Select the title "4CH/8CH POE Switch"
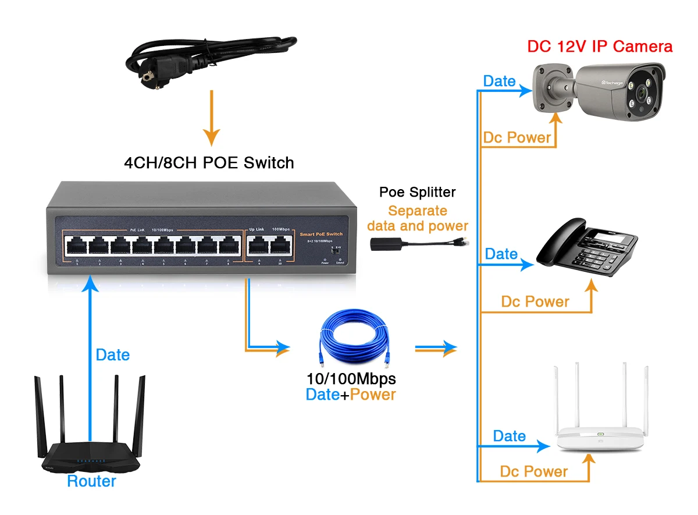point(209,163)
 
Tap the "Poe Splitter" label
point(417,192)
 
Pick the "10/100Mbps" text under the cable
point(351,379)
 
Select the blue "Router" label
point(91,481)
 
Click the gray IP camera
point(602,87)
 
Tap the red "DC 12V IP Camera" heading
point(600,47)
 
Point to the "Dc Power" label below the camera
point(517,138)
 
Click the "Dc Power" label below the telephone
point(535,301)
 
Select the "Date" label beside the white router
point(509,436)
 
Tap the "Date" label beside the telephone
point(501,254)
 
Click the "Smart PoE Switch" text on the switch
point(322,234)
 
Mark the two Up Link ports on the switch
point(270,247)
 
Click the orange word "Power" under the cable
point(373,395)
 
